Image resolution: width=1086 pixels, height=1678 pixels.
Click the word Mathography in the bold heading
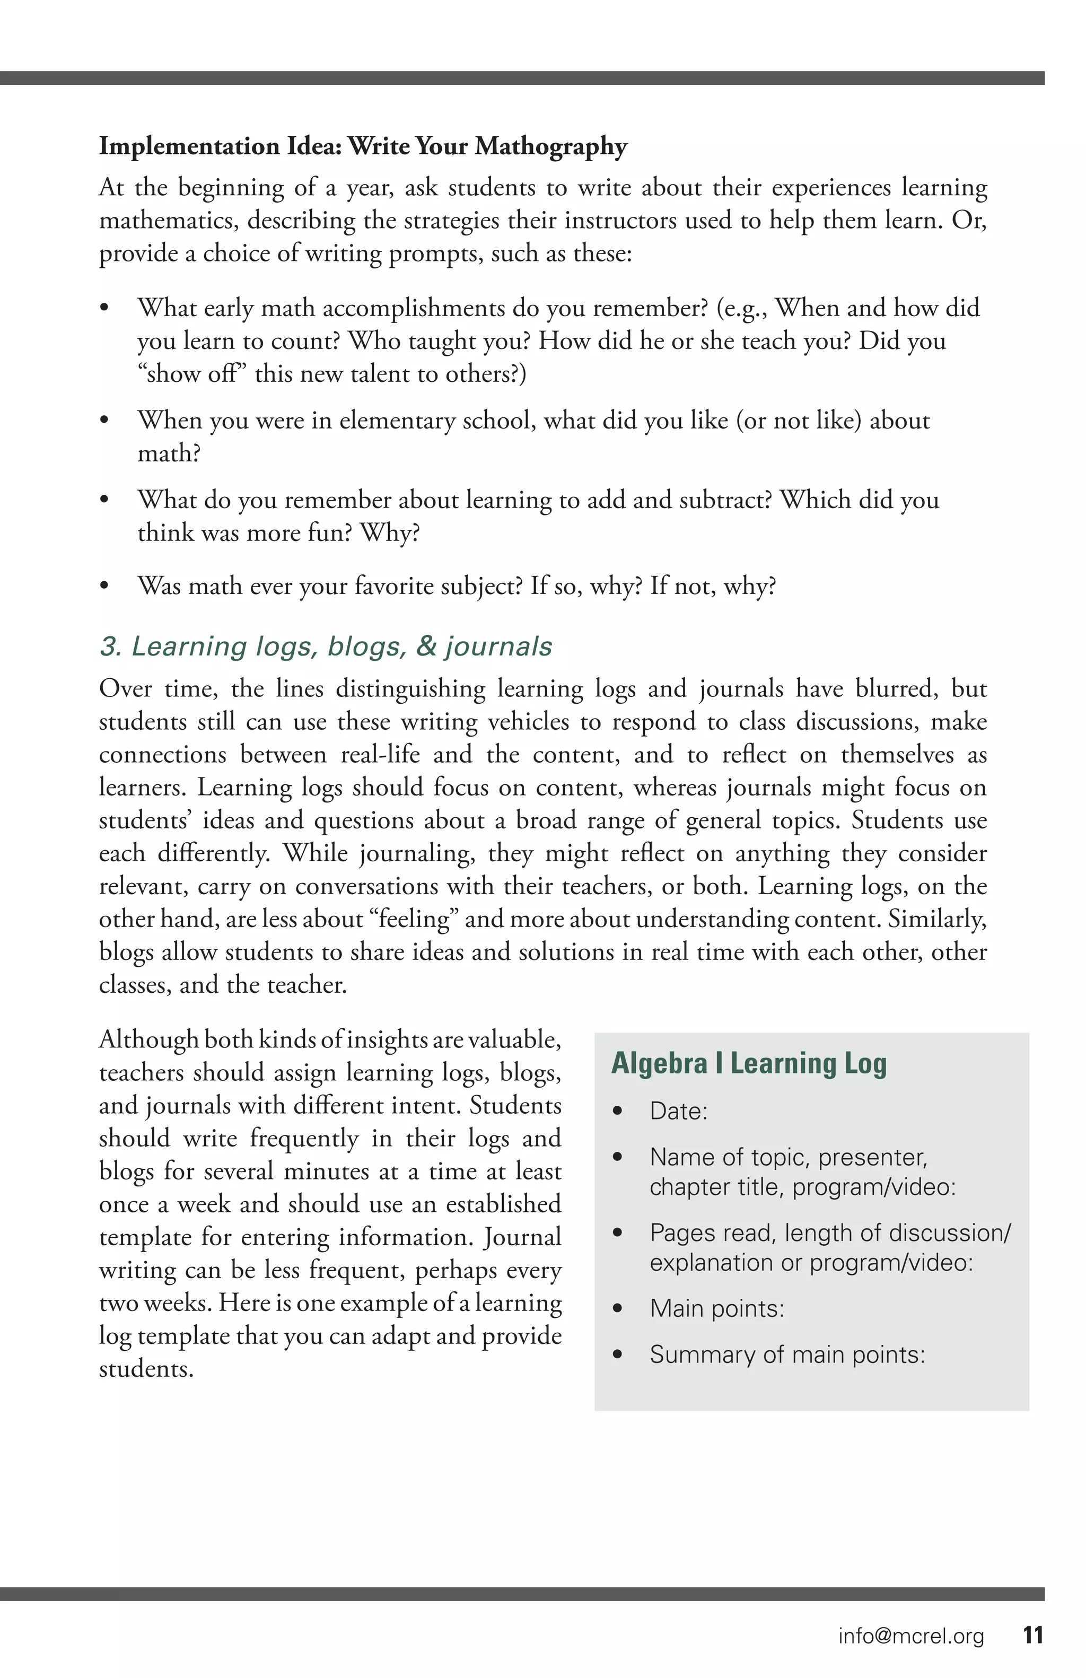click(x=550, y=147)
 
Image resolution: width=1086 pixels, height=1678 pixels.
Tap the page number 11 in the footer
click(x=1032, y=1635)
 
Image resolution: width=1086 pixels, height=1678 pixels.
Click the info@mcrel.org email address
click(x=910, y=1636)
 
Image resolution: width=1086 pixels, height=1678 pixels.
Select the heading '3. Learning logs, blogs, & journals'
click(x=326, y=646)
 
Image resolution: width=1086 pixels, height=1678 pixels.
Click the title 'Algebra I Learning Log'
click(x=748, y=1063)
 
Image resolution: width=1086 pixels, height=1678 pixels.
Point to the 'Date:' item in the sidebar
click(x=678, y=1111)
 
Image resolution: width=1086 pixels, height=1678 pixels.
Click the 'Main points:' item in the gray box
click(x=717, y=1308)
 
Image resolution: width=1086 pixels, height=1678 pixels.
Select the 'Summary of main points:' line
click(x=786, y=1354)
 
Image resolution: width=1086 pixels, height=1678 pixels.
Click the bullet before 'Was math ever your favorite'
click(x=104, y=586)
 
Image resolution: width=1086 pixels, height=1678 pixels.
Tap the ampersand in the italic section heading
click(x=426, y=646)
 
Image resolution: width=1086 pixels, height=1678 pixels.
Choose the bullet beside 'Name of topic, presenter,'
click(x=618, y=1158)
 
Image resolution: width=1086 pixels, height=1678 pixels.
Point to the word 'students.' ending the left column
click(x=146, y=1369)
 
